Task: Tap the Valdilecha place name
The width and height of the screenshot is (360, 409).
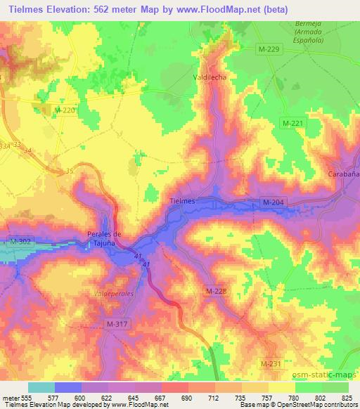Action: tap(210, 77)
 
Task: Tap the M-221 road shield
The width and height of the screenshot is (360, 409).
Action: tap(292, 124)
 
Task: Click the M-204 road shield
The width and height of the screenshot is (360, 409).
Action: tap(273, 202)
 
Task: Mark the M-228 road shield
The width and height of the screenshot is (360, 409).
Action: tap(216, 290)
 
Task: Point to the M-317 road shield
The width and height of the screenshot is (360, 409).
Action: tap(117, 323)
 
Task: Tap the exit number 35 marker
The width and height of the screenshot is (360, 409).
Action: tap(68, 171)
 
